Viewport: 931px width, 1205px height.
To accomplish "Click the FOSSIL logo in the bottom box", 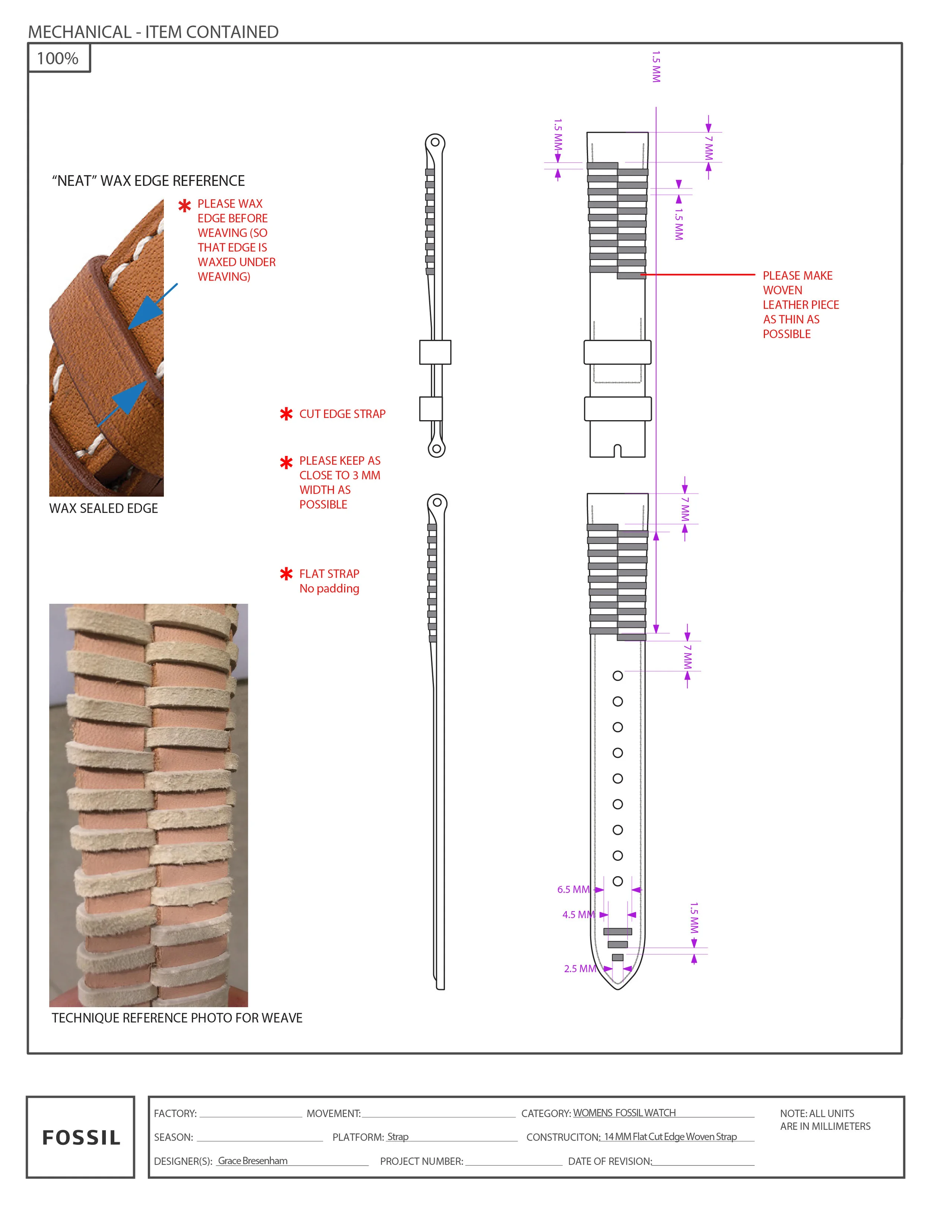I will [81, 1137].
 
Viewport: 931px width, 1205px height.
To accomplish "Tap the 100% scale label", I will [58, 58].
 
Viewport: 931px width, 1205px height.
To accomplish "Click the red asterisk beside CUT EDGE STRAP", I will [286, 414].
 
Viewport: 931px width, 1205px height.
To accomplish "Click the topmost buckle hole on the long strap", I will [618, 676].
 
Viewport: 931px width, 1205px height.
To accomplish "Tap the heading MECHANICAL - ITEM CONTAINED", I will [153, 32].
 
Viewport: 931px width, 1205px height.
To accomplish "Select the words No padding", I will [329, 588].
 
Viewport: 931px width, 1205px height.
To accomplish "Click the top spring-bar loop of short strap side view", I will [435, 142].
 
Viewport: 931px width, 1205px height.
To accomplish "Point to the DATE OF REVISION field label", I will [610, 1161].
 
